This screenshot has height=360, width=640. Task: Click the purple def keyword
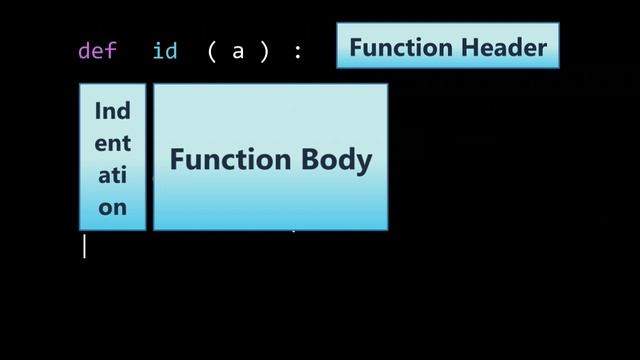(x=97, y=50)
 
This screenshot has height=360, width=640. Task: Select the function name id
(x=165, y=50)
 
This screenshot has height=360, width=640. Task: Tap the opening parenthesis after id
(x=212, y=50)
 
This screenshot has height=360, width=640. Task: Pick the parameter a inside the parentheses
(x=238, y=50)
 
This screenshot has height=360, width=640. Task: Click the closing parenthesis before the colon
(x=265, y=50)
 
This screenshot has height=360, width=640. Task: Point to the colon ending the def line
(x=297, y=51)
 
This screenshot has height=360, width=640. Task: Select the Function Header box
(x=447, y=46)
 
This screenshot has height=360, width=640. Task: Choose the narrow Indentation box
(x=112, y=157)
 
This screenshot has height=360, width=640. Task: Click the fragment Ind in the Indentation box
(x=112, y=111)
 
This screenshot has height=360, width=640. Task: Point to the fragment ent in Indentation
(x=112, y=143)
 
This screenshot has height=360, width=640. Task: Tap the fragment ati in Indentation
(x=112, y=175)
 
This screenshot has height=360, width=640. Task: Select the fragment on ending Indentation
(x=112, y=208)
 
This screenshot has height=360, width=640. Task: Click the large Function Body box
(x=270, y=157)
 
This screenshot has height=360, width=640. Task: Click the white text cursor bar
(x=84, y=246)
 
